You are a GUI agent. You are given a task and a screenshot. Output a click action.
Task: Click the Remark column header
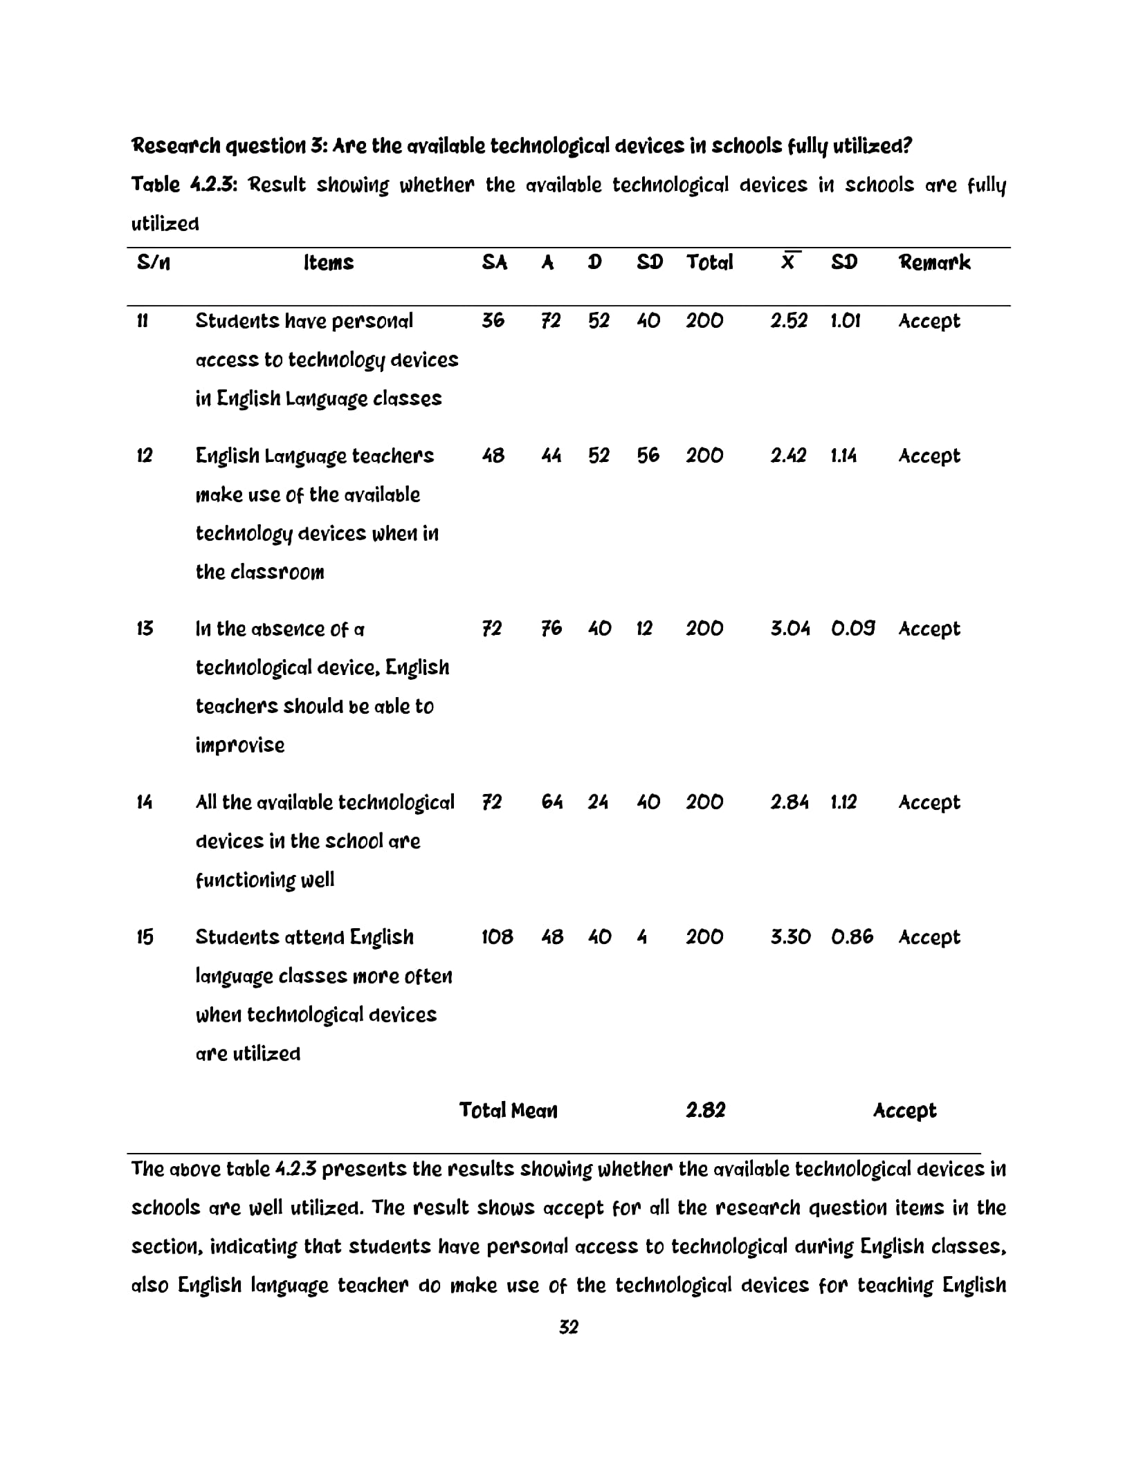click(x=933, y=262)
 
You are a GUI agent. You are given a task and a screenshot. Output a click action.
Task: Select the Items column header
click(x=328, y=262)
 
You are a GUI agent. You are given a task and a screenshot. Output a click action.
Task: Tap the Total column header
click(x=709, y=262)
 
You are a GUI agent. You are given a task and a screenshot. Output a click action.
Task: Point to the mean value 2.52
click(x=789, y=321)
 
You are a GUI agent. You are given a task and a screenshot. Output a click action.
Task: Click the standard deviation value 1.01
click(x=845, y=321)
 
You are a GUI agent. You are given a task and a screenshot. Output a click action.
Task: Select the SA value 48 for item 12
click(x=493, y=456)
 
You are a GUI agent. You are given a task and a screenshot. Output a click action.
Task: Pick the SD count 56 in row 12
click(x=648, y=456)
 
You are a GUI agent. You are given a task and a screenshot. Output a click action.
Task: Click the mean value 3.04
click(x=789, y=629)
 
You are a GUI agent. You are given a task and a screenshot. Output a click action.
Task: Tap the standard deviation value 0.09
click(x=852, y=629)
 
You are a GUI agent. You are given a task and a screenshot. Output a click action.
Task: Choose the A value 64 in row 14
click(x=551, y=802)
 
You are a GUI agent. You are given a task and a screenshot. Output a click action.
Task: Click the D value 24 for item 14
click(x=598, y=802)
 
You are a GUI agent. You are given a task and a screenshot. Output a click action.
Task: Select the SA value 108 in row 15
click(x=497, y=937)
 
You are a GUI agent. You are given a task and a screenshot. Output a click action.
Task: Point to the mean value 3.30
click(x=790, y=937)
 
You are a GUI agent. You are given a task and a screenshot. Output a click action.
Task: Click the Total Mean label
click(x=508, y=1111)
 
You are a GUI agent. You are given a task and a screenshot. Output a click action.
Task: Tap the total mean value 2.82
click(x=705, y=1111)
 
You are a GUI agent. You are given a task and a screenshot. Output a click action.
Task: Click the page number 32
click(x=568, y=1327)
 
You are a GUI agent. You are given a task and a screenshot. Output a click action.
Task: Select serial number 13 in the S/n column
click(x=145, y=629)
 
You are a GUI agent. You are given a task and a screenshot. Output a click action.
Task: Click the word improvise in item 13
click(x=239, y=746)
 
